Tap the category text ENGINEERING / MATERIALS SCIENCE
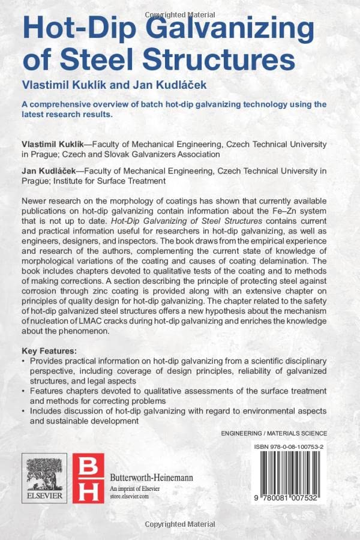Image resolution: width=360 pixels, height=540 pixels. pos(274,433)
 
